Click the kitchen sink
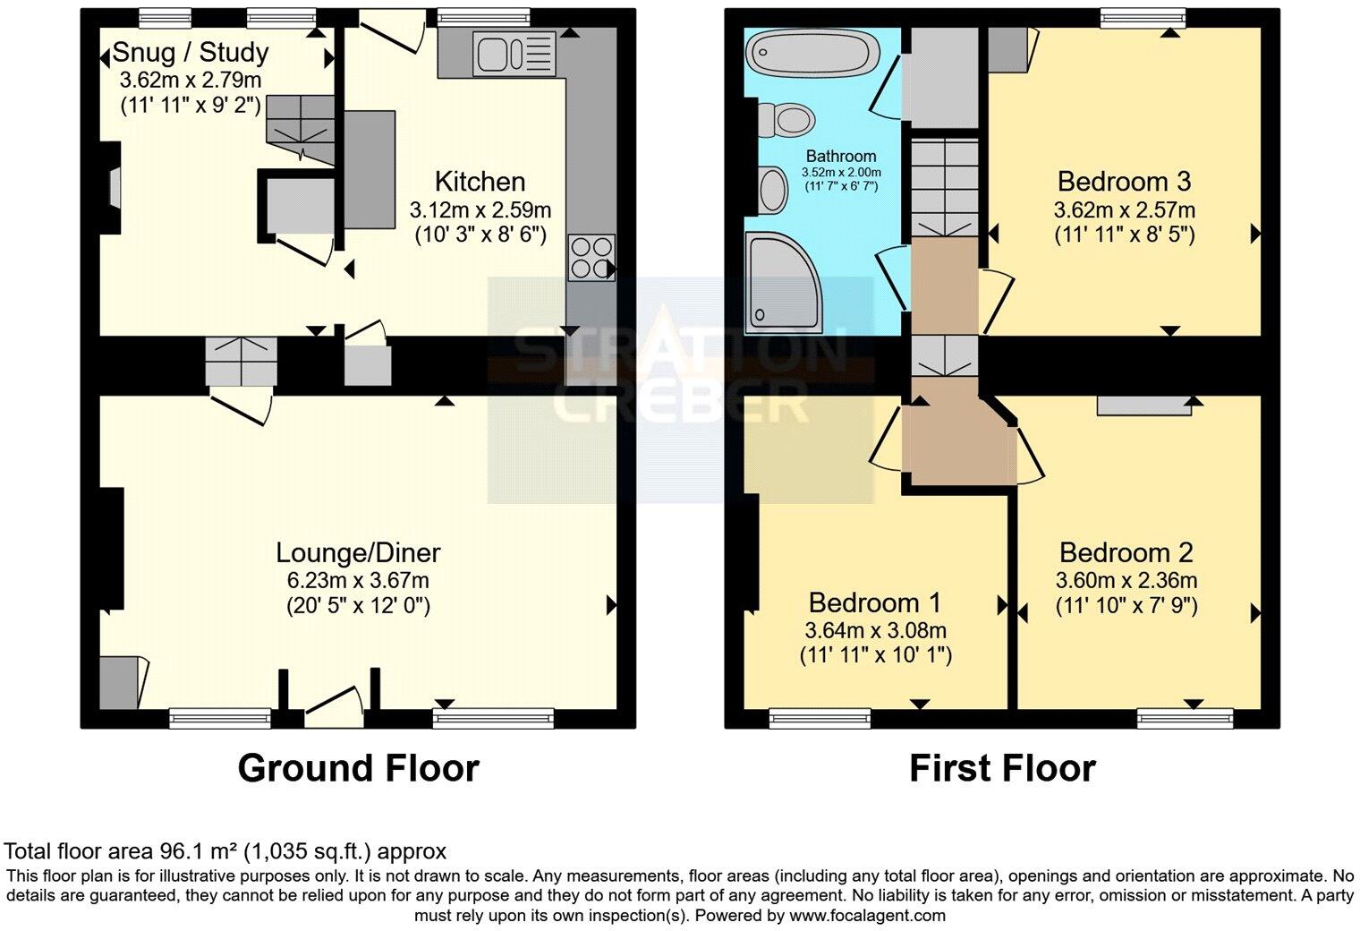point(514,54)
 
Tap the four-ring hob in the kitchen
point(591,258)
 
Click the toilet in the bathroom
point(786,120)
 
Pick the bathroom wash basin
point(773,190)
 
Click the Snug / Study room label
point(191,52)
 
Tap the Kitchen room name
point(480,182)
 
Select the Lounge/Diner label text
point(358,552)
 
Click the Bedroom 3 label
point(1125,182)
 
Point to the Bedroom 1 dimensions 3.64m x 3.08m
point(875,631)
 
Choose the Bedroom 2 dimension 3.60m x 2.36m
point(1126,581)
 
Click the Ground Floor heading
point(358,768)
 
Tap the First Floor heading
point(1002,768)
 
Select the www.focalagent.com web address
point(867,916)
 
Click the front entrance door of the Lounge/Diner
point(334,706)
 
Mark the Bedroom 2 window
point(1186,719)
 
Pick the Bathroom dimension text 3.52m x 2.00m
point(841,173)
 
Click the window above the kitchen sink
point(483,17)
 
